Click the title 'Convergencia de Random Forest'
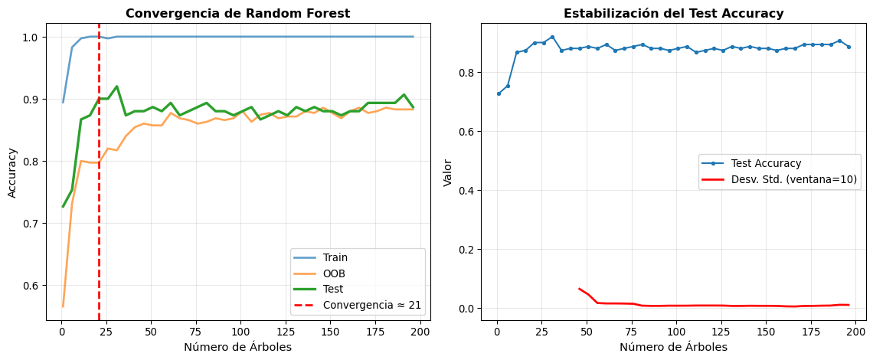tap(237, 13)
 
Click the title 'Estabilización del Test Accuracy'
tap(673, 13)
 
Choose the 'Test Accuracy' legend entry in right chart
tap(765, 163)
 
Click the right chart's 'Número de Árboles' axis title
tap(673, 346)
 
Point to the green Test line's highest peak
tap(116, 86)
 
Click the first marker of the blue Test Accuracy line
tap(499, 93)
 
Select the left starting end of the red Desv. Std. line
tap(579, 289)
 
